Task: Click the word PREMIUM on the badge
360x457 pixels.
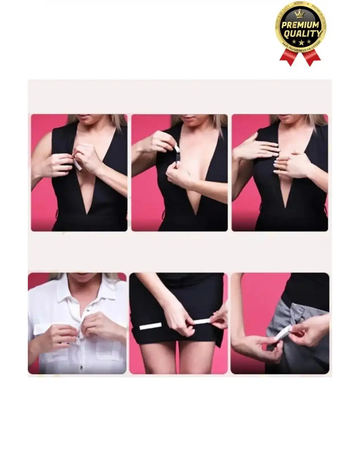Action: click(301, 25)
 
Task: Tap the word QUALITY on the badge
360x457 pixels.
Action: click(302, 34)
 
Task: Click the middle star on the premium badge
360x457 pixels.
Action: click(301, 42)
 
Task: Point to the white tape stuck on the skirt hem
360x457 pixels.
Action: click(150, 327)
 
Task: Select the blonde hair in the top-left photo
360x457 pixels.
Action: click(118, 121)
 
